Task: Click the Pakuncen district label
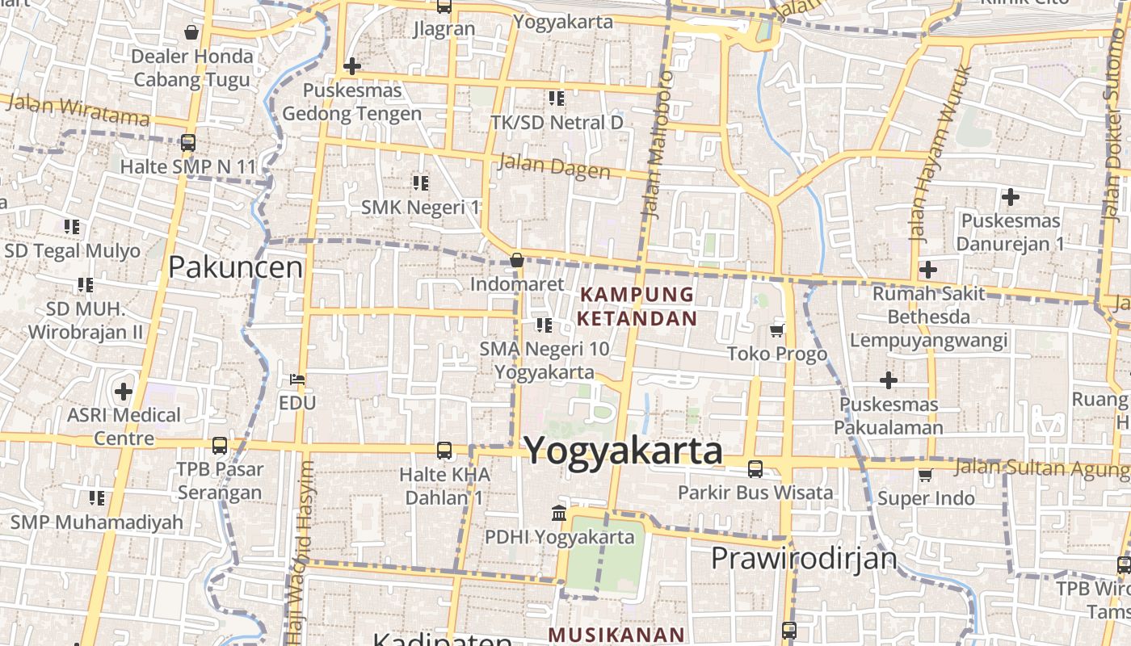coord(235,267)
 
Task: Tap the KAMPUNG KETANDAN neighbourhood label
coord(637,306)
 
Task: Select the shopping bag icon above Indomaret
coord(517,260)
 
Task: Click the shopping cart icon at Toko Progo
coord(777,329)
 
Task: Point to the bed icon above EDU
coord(297,379)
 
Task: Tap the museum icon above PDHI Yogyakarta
coord(558,513)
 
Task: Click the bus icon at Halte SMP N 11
coord(188,143)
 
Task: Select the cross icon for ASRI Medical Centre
coord(123,392)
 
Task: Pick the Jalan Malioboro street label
coord(655,144)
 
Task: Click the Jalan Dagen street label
coord(554,166)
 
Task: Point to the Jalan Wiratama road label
coord(77,110)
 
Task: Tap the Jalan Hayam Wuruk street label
coord(940,153)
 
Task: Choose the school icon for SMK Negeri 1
coord(420,182)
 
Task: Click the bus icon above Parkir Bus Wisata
coord(755,468)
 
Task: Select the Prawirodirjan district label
coord(804,558)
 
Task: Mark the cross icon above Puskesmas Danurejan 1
coord(1010,196)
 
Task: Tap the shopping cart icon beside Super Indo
coord(925,475)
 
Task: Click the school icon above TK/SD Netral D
coord(557,99)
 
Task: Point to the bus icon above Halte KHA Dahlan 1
coord(444,451)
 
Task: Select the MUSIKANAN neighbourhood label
coord(616,635)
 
